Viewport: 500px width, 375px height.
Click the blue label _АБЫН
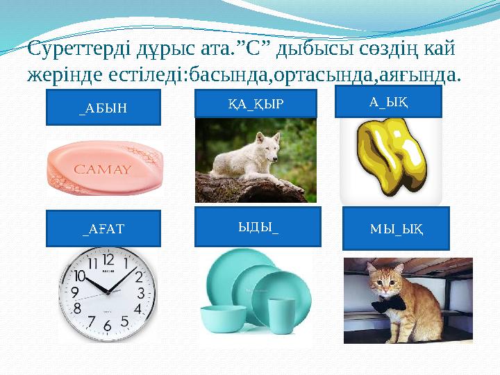[103, 107]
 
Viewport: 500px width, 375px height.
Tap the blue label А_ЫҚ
[388, 101]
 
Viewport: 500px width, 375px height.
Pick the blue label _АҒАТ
[103, 228]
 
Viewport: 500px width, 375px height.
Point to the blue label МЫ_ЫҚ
[397, 228]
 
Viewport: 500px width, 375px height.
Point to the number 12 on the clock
[108, 259]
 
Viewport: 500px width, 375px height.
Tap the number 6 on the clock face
[107, 324]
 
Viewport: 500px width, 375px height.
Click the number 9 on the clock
[74, 292]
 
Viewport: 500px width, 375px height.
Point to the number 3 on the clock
[142, 292]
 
